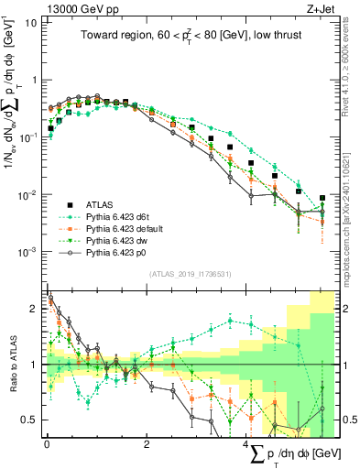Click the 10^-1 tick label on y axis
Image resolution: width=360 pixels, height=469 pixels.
point(27,137)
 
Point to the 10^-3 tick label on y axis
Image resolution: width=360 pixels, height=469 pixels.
point(27,251)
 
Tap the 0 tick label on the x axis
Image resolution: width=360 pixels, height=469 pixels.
point(46,444)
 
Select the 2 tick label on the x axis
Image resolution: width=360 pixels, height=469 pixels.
point(147,444)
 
